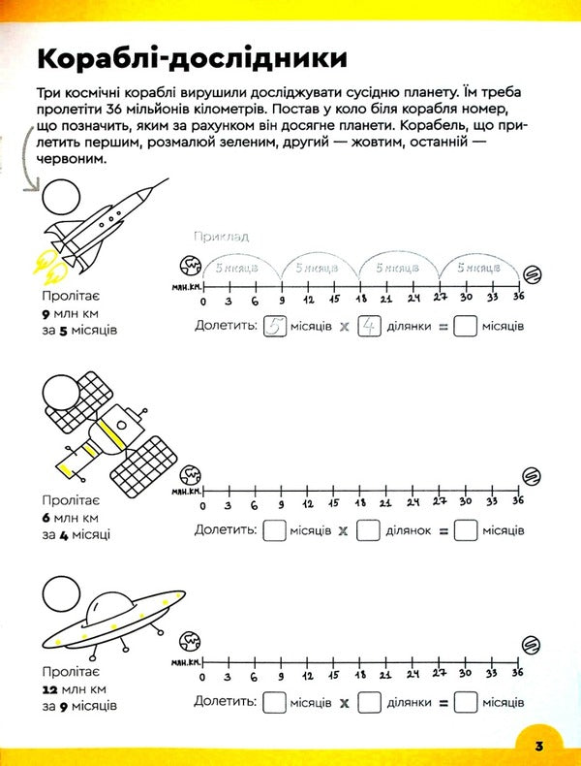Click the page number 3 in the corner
pos(537,744)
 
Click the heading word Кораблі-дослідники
pos(191,57)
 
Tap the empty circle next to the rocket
pos(59,198)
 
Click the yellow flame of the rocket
pos(46,259)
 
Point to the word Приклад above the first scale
pos(221,236)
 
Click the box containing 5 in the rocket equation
pos(274,327)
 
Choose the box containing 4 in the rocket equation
pos(367,327)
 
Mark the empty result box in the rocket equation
pos(465,327)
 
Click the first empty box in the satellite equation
pos(274,530)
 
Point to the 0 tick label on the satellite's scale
pos(202,505)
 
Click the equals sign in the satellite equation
pos(439,531)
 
